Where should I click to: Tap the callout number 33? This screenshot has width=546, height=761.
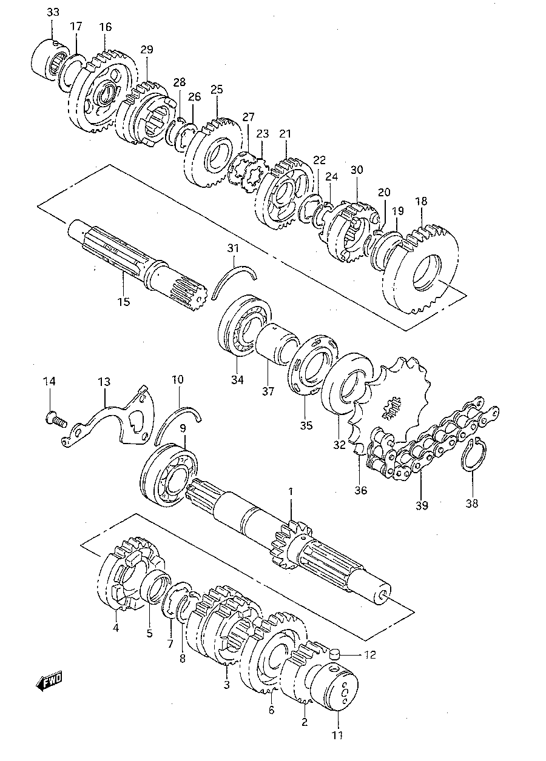pyautogui.click(x=53, y=13)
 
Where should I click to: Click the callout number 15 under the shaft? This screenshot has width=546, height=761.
pyautogui.click(x=124, y=301)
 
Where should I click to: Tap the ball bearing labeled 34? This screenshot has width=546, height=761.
pyautogui.click(x=244, y=325)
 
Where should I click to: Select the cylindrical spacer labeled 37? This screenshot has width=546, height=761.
pyautogui.click(x=277, y=343)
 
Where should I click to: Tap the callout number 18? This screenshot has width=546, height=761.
pyautogui.click(x=421, y=201)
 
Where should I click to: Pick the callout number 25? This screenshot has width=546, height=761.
pyautogui.click(x=217, y=89)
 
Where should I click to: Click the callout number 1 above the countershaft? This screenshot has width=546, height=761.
pyautogui.click(x=291, y=491)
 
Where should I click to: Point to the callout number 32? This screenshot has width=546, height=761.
pyautogui.click(x=339, y=445)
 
